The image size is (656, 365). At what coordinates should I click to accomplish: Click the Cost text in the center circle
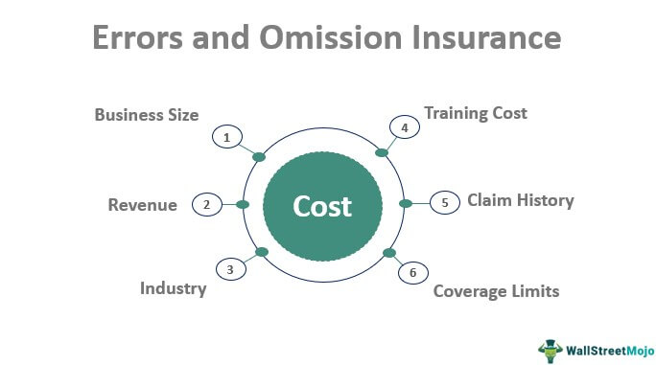(322, 206)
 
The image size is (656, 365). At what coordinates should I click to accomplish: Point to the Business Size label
(147, 115)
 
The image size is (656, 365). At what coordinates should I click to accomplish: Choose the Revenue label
(142, 204)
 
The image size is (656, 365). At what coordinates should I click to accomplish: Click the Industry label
(173, 288)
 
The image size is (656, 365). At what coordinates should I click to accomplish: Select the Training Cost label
(477, 113)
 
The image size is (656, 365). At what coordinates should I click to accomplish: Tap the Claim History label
(520, 200)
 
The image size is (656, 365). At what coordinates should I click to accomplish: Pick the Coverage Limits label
(496, 290)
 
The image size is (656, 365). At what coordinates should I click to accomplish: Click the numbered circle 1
(226, 138)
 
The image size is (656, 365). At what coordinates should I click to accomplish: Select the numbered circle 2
(206, 204)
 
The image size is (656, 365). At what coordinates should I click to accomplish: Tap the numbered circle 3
(230, 270)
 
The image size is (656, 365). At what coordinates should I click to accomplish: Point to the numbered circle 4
(404, 127)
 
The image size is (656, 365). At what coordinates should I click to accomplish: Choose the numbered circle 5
(444, 202)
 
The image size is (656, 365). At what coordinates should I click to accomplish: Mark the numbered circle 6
(412, 273)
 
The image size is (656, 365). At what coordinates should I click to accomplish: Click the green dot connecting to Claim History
(405, 203)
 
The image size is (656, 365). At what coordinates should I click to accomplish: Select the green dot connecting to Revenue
(243, 204)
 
